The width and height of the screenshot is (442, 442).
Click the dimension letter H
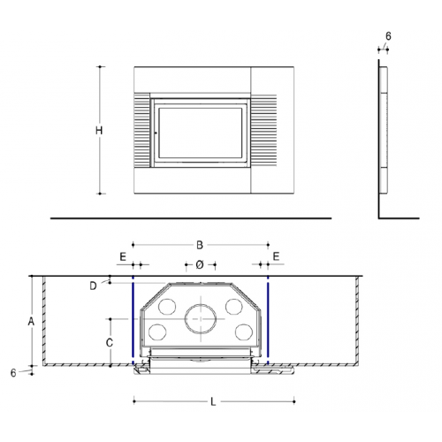tap(99, 130)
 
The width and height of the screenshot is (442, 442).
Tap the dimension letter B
tap(200, 245)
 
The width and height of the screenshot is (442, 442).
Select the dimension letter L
tap(213, 401)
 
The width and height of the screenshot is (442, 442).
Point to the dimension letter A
tap(31, 322)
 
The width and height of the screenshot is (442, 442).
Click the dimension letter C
tap(110, 343)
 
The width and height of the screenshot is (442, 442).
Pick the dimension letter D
tap(93, 286)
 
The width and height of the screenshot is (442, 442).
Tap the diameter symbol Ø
tap(200, 265)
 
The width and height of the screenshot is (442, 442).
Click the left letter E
tap(123, 257)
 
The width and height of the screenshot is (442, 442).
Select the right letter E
tap(276, 256)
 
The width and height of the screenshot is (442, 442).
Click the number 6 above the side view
tap(388, 36)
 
